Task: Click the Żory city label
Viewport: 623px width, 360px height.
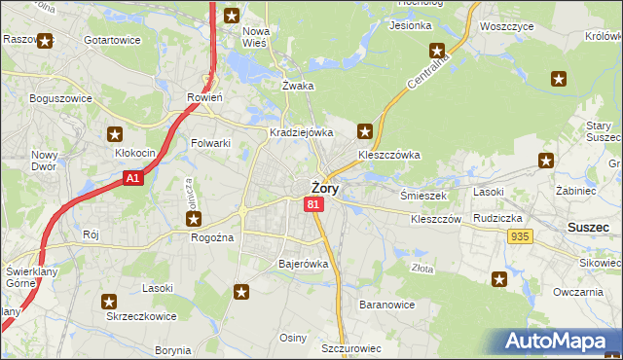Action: (x=324, y=189)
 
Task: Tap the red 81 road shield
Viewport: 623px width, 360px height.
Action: (x=312, y=204)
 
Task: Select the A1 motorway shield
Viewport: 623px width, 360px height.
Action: (x=134, y=178)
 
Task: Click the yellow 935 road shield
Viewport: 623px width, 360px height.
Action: (x=519, y=236)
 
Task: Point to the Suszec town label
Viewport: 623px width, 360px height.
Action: (x=587, y=227)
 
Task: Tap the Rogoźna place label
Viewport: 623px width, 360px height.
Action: (x=215, y=237)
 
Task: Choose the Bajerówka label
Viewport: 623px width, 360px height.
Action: (x=304, y=264)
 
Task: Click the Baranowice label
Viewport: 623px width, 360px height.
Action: (x=387, y=305)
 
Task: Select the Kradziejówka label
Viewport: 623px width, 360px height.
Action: (x=302, y=132)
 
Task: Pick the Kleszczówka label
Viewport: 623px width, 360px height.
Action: (x=388, y=154)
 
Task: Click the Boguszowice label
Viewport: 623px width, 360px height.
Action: (x=60, y=98)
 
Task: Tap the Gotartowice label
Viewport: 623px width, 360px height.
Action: (x=112, y=40)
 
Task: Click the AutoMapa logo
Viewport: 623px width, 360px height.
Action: (x=559, y=342)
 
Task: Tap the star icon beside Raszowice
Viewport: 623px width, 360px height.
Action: (x=45, y=41)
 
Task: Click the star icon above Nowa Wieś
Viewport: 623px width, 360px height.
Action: (x=232, y=15)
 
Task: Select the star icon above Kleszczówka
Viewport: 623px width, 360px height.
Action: (x=365, y=130)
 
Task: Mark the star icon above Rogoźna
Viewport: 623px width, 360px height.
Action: (x=195, y=220)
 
